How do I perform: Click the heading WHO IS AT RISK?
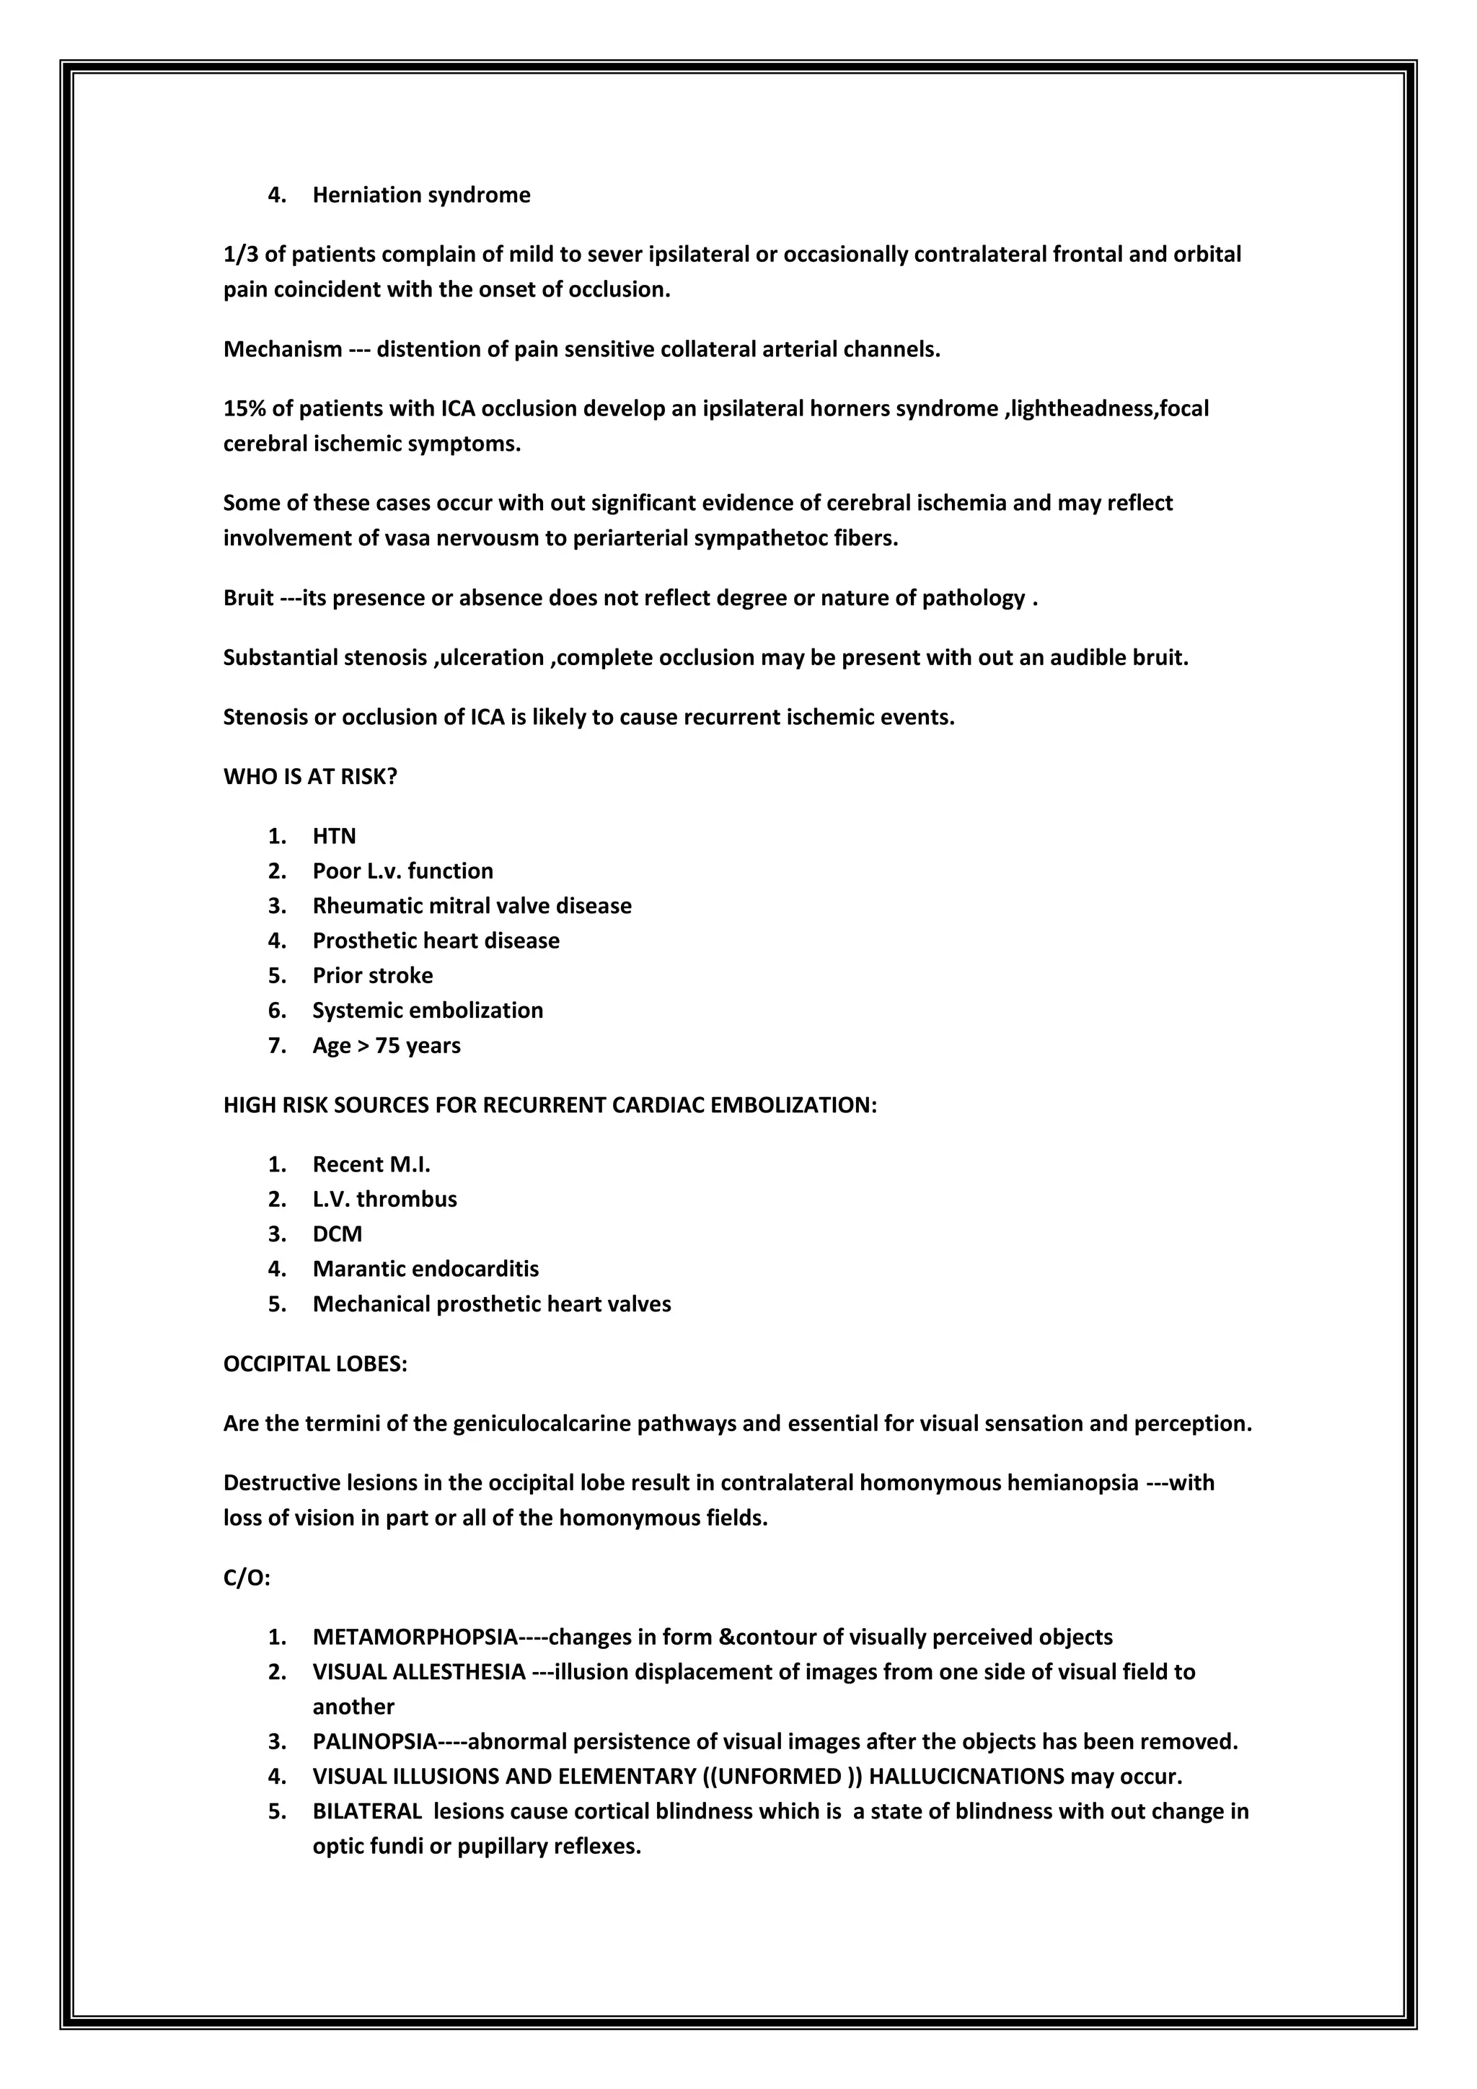(310, 777)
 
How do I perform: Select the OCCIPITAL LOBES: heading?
(314, 1364)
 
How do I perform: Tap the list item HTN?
(334, 836)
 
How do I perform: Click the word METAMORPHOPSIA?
(415, 1637)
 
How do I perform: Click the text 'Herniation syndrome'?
(421, 195)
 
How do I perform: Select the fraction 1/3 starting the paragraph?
(241, 254)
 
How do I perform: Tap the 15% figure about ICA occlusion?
(244, 408)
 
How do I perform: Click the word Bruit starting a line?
(248, 598)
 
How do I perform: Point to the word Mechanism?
(282, 349)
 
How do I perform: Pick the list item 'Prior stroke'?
(372, 975)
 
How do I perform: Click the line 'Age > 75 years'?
(387, 1045)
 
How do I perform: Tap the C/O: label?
(247, 1578)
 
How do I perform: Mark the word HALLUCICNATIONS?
(966, 1776)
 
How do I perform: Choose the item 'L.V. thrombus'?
(384, 1199)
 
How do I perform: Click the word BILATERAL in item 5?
(367, 1811)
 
